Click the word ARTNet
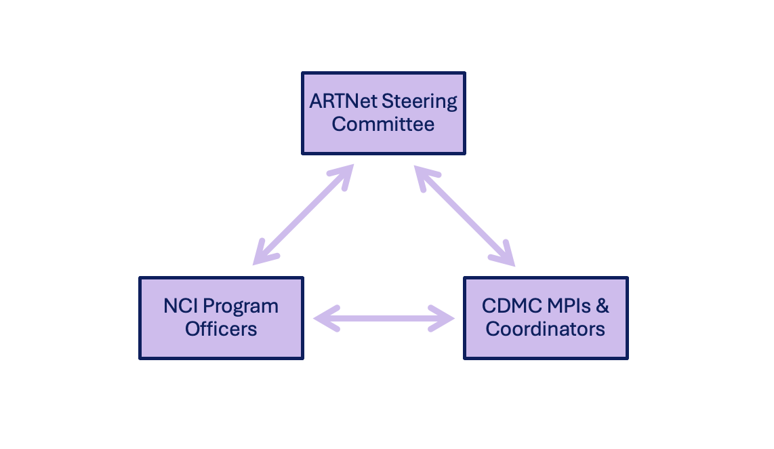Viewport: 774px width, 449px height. point(344,102)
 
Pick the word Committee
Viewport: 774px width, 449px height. point(383,125)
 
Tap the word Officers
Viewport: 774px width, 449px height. point(221,329)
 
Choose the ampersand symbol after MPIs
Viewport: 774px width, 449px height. point(602,306)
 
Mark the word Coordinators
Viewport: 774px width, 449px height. point(546,329)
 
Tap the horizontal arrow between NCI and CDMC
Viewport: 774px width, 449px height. point(384,318)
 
